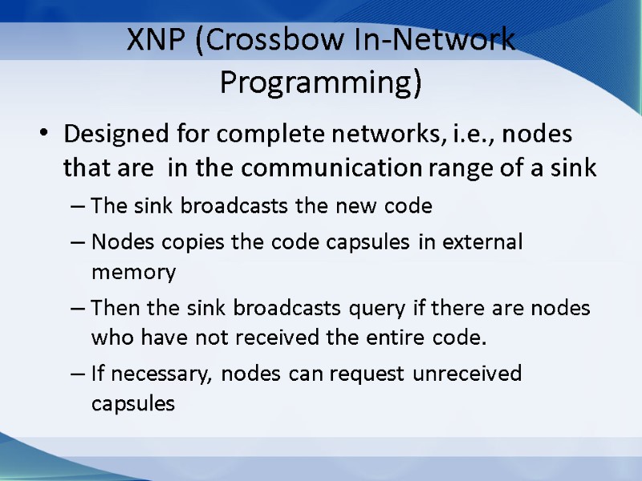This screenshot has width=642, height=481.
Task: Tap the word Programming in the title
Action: click(x=320, y=82)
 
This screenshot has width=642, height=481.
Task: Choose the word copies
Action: click(x=177, y=241)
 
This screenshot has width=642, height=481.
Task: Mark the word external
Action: click(x=481, y=241)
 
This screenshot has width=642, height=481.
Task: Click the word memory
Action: click(x=133, y=273)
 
